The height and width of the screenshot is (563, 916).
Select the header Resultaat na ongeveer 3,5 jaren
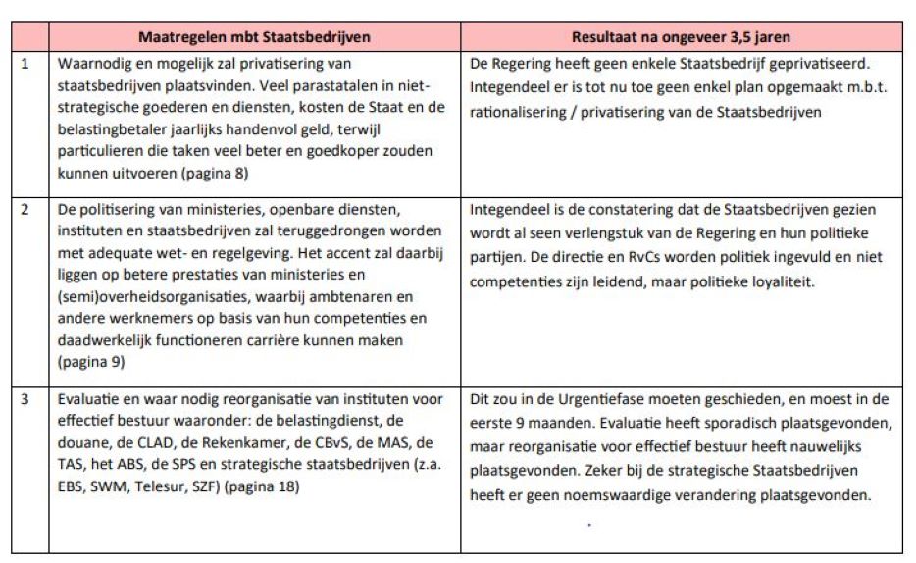tap(684, 37)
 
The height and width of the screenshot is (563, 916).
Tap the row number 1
tap(25, 64)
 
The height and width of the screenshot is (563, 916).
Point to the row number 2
tap(25, 209)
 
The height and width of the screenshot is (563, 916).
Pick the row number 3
tap(25, 399)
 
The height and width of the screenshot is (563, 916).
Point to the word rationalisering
tap(520, 113)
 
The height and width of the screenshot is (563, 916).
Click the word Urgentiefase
tap(600, 399)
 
